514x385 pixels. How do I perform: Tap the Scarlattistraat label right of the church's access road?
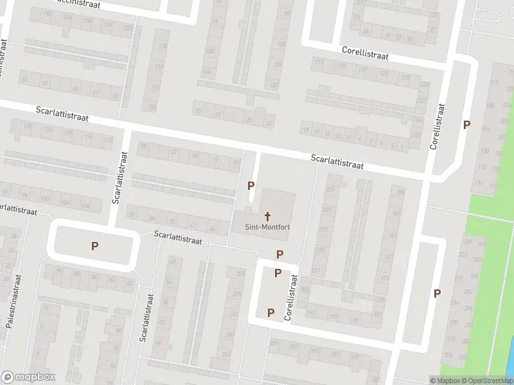(x=337, y=161)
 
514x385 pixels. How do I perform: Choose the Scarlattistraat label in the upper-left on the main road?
(x=62, y=115)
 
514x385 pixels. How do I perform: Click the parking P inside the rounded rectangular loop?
(x=94, y=245)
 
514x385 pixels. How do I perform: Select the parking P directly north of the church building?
(x=251, y=185)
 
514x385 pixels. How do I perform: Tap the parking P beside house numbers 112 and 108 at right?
(x=466, y=125)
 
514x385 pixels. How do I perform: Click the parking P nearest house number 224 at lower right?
(x=437, y=293)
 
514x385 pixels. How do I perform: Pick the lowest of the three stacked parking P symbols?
(x=270, y=312)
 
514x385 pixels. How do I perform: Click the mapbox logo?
(x=28, y=377)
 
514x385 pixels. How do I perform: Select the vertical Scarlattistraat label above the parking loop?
(x=120, y=177)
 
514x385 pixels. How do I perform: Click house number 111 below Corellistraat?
(x=319, y=63)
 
